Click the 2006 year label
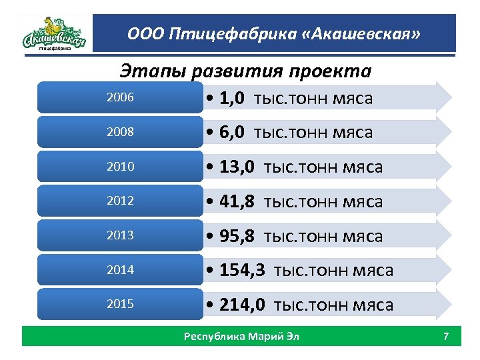(x=120, y=98)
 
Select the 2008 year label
(x=120, y=132)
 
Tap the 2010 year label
(x=120, y=167)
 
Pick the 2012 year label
(x=120, y=201)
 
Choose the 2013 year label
(x=120, y=235)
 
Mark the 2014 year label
(x=120, y=270)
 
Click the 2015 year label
(x=120, y=304)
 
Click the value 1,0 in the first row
(x=231, y=99)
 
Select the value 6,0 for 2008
(x=231, y=133)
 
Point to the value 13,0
(x=237, y=167)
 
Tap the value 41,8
(x=237, y=201)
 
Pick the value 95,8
(x=237, y=236)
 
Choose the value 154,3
(x=242, y=270)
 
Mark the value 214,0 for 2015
(x=242, y=305)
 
